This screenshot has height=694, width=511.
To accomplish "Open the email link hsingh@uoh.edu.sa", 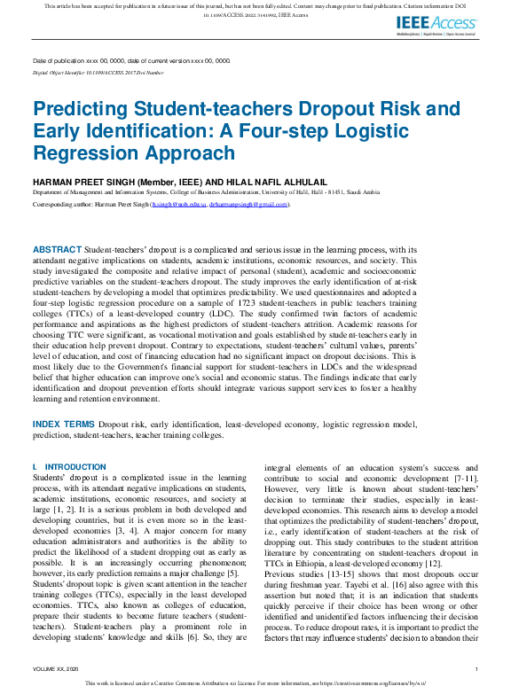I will click(x=175, y=204).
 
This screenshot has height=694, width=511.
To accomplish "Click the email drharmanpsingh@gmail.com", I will click(x=248, y=204).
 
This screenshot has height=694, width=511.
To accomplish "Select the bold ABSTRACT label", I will click(x=56, y=251).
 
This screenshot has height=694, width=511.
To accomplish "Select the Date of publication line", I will click(x=130, y=60).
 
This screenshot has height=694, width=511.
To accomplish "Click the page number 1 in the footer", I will click(x=476, y=669).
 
